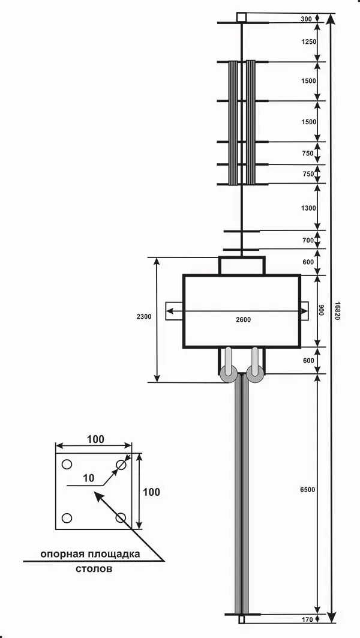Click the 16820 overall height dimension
(x=337, y=311)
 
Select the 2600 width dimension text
(x=243, y=319)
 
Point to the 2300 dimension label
(x=144, y=316)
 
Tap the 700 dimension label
(x=308, y=241)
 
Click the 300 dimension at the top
(x=307, y=19)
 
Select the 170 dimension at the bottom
(x=308, y=619)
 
